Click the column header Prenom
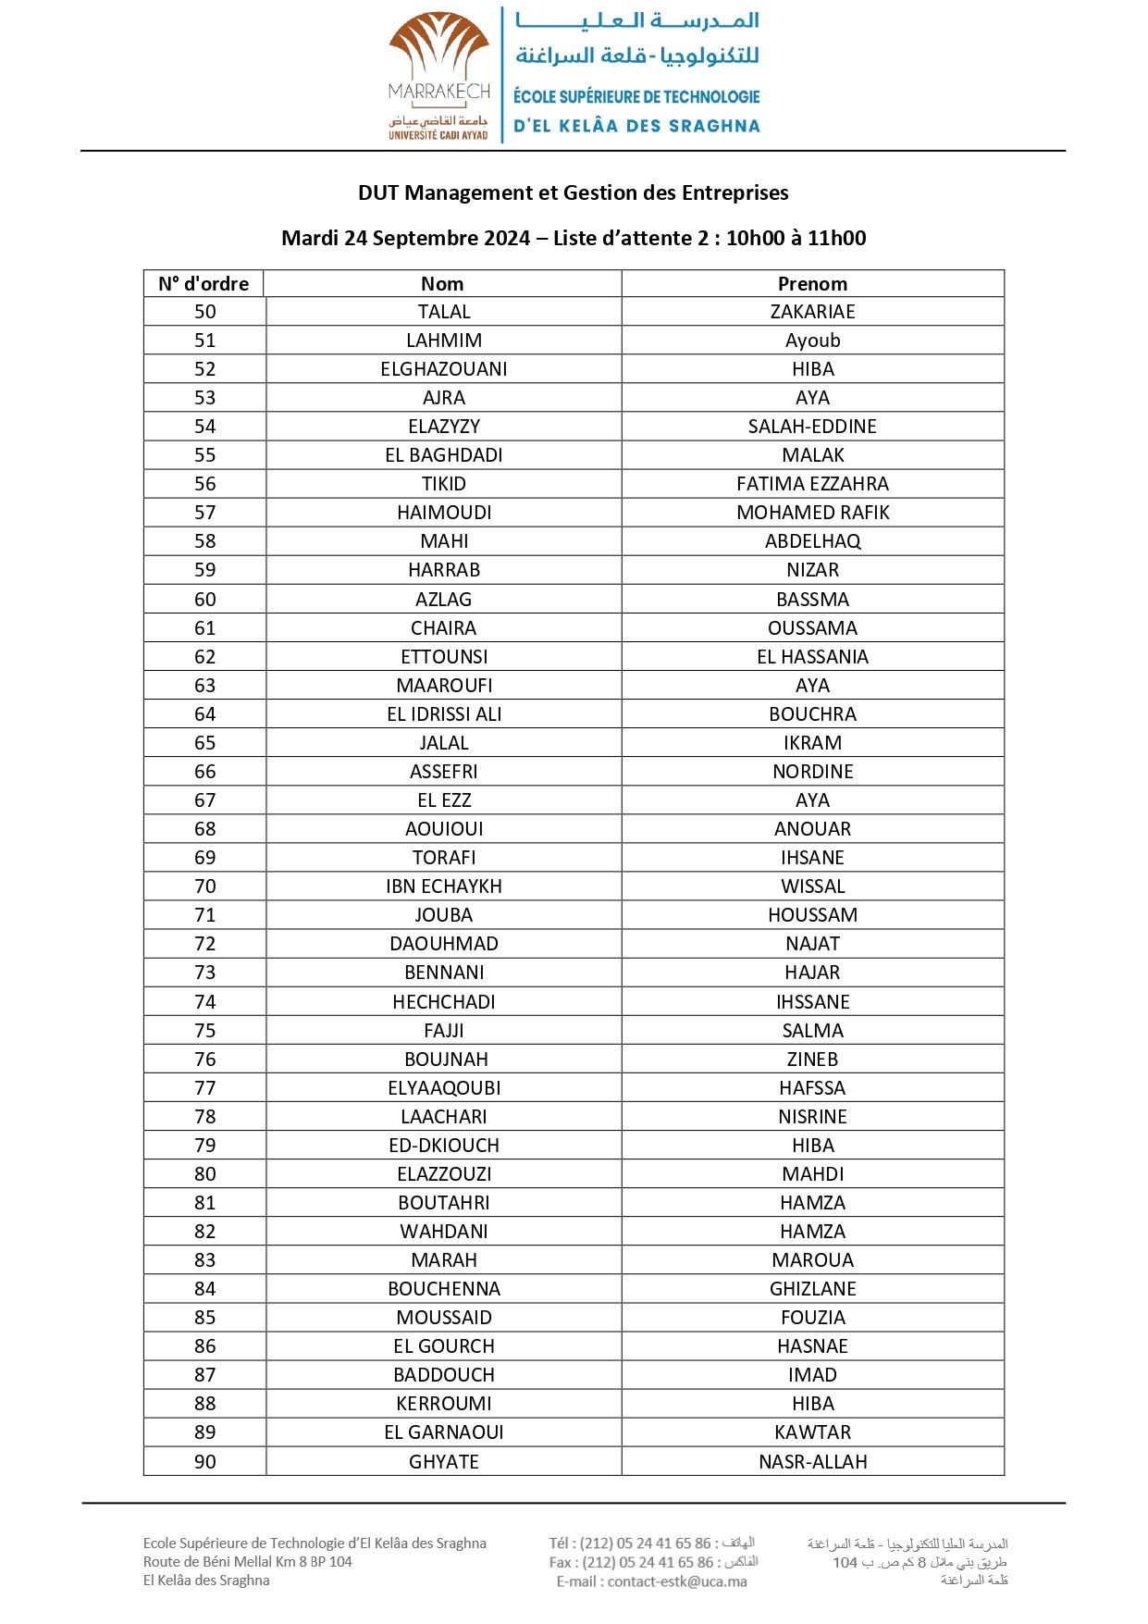point(812,284)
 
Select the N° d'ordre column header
point(204,284)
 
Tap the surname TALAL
point(444,312)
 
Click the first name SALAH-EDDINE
point(812,427)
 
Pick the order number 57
point(204,513)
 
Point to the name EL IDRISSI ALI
point(444,714)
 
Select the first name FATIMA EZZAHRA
point(812,484)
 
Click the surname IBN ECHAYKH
point(444,886)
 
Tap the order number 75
point(204,1031)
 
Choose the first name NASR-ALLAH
point(812,1462)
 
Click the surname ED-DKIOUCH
point(444,1146)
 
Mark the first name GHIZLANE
point(812,1289)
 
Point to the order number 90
point(204,1462)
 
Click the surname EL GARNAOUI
point(444,1432)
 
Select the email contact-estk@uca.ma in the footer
point(677,1581)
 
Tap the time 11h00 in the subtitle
point(836,238)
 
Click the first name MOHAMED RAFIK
point(812,513)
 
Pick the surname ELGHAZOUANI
point(444,369)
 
